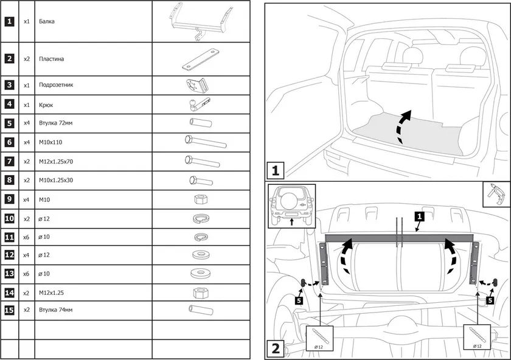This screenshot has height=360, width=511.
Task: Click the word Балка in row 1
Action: pyautogui.click(x=47, y=21)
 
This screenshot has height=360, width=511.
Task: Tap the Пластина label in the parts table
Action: pyautogui.click(x=51, y=59)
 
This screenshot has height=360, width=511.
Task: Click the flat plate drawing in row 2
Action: pyautogui.click(x=200, y=60)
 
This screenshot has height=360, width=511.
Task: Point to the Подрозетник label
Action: pyautogui.click(x=56, y=85)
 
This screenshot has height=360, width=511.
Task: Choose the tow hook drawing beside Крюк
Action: pyautogui.click(x=200, y=104)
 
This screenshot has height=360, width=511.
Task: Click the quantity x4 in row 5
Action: pyautogui.click(x=27, y=123)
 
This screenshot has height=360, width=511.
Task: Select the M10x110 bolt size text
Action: pyautogui.click(x=50, y=142)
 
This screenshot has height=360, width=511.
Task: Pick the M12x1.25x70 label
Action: pyautogui.click(x=56, y=161)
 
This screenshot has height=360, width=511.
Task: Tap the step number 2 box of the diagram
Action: pyautogui.click(x=276, y=349)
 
